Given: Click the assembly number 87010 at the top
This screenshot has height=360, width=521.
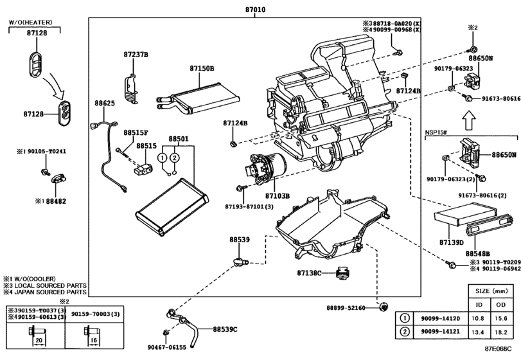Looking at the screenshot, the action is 255,10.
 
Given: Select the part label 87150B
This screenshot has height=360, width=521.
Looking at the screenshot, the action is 202,69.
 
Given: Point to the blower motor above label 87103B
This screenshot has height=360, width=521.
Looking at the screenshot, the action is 266,168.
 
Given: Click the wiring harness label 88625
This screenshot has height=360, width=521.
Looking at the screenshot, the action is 105,104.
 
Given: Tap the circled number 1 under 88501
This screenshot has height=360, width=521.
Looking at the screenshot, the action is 162,157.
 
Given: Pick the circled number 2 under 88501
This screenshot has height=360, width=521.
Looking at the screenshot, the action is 175,157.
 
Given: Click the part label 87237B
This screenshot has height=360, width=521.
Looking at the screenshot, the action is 136,55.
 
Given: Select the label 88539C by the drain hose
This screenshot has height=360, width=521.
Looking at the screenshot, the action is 225,329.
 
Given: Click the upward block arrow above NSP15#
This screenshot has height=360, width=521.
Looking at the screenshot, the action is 470,120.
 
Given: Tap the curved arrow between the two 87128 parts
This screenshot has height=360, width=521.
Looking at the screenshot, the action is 55,87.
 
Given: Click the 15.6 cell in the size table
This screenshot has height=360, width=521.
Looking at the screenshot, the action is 500,318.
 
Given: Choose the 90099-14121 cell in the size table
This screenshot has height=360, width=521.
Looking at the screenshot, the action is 440,332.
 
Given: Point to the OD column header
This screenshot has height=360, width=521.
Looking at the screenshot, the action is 500,305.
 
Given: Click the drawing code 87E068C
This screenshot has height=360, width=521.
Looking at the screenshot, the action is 498,348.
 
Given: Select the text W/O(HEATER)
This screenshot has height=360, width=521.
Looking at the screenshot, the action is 30,22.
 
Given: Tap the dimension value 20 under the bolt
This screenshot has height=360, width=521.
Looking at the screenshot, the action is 39,340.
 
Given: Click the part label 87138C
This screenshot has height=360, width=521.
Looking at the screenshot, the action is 309,273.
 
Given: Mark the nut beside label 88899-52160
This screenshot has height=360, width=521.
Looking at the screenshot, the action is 384,307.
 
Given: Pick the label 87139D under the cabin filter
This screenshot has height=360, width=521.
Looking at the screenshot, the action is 451,242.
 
